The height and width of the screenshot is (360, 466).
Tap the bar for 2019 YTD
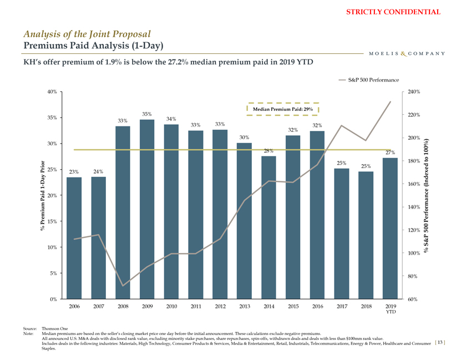point(389,228)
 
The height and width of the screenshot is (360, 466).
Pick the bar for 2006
point(74,238)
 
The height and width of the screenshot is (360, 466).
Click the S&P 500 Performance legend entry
point(369,80)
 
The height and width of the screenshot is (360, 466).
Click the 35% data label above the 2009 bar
point(147,114)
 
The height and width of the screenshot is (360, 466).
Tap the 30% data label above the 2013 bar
point(244,138)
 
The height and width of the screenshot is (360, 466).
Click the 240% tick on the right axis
point(414,92)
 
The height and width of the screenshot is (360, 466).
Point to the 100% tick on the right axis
point(414,253)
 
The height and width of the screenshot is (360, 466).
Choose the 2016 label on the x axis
point(317,306)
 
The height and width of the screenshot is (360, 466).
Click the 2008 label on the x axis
point(123,306)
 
